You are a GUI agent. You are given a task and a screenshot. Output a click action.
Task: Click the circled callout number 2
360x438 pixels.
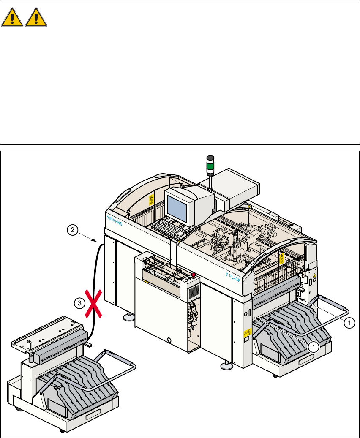(72, 230)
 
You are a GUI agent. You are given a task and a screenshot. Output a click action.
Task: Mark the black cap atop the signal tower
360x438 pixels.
(210, 158)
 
